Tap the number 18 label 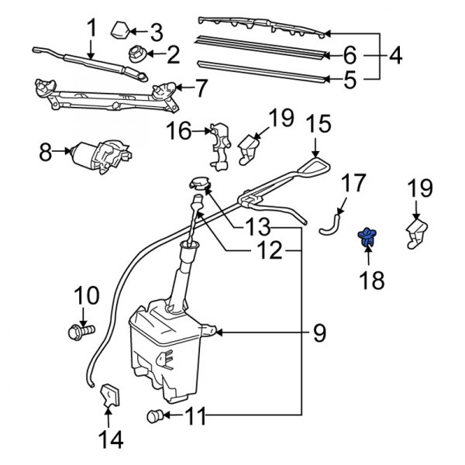tap(371, 280)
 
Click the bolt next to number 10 tap(80, 332)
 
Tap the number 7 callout tap(201, 88)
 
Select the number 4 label tap(395, 56)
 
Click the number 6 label tap(350, 55)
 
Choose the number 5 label tap(350, 77)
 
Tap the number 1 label tap(91, 28)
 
